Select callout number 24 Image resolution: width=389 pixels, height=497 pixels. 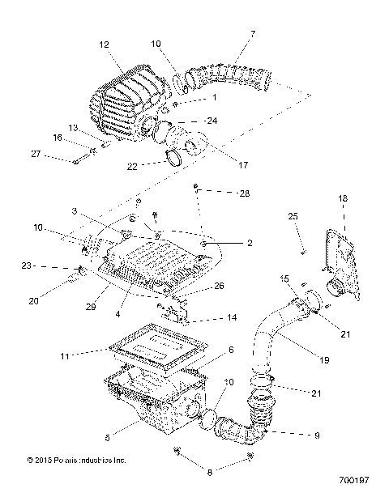point(212,121)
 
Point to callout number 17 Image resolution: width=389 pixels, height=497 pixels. point(220,165)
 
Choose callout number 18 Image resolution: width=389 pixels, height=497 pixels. point(342,198)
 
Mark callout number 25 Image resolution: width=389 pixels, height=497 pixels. point(293,215)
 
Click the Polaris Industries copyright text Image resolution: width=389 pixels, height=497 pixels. point(77,461)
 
